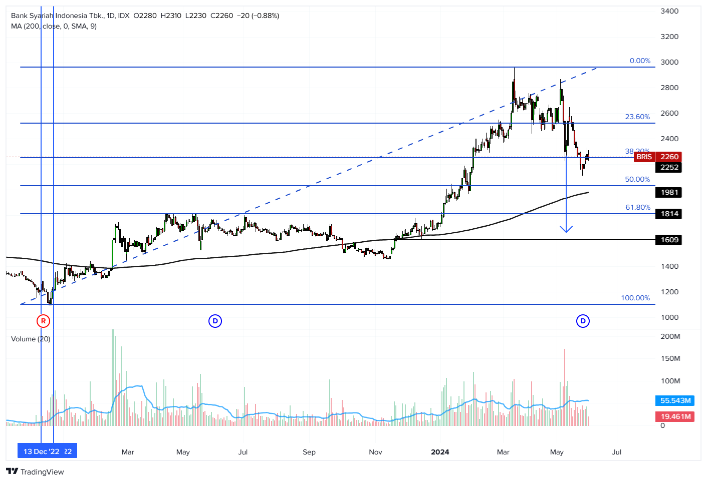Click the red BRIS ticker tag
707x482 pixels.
pyautogui.click(x=644, y=157)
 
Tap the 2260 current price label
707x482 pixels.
pyautogui.click(x=669, y=157)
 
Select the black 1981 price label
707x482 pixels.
pyautogui.click(x=669, y=192)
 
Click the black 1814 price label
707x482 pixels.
pyautogui.click(x=669, y=214)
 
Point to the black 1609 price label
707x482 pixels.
pyautogui.click(x=669, y=240)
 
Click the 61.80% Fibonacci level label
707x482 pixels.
pyautogui.click(x=637, y=207)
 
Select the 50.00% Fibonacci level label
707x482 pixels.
pyautogui.click(x=637, y=179)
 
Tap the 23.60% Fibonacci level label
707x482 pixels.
pyautogui.click(x=637, y=117)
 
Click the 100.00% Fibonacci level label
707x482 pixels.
pyautogui.click(x=635, y=298)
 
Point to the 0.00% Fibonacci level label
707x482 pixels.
pyautogui.click(x=640, y=61)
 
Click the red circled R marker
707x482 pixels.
pyautogui.click(x=44, y=321)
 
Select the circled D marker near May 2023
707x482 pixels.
pyautogui.click(x=215, y=321)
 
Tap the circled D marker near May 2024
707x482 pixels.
pyautogui.click(x=583, y=321)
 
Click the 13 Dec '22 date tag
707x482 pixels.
pyautogui.click(x=42, y=451)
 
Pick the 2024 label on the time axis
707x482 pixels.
pyautogui.click(x=440, y=452)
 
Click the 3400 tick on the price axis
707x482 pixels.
pyautogui.click(x=669, y=11)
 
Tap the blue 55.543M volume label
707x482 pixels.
pyautogui.click(x=675, y=400)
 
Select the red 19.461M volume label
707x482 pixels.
pyautogui.click(x=675, y=416)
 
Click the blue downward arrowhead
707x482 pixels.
pyautogui.click(x=566, y=229)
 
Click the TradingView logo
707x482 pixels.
pyautogui.click(x=35, y=471)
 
